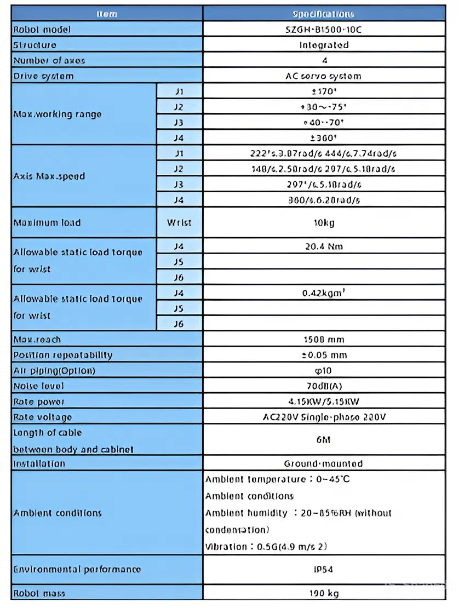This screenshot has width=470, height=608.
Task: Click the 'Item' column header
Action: [x=107, y=14]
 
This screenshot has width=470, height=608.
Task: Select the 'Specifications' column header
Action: [x=323, y=14]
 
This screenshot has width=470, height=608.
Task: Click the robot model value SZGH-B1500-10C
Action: [x=323, y=30]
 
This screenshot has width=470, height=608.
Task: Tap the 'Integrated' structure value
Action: [x=323, y=45]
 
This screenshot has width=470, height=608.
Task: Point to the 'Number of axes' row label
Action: [x=49, y=60]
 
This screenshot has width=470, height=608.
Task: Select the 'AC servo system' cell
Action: [x=323, y=76]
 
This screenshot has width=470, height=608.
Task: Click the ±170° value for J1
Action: [x=323, y=91]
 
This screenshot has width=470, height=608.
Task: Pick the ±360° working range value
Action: [x=323, y=137]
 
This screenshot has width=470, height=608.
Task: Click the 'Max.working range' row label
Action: [x=58, y=114]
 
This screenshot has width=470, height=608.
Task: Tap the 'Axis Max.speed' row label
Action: [x=49, y=176]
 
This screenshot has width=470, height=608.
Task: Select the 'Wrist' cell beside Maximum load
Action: [x=179, y=222]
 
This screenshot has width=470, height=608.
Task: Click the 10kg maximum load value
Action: [x=323, y=222]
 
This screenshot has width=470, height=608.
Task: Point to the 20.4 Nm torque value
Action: [x=323, y=246]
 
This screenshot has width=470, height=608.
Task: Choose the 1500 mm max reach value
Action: [x=323, y=340]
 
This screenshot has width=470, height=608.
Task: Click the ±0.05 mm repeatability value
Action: [x=323, y=355]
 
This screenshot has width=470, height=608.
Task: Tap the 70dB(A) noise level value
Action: [x=323, y=386]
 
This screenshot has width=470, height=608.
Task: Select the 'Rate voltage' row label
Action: [x=43, y=417]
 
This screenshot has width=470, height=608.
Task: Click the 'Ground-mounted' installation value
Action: [x=323, y=463]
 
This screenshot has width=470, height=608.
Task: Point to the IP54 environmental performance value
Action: [x=323, y=569]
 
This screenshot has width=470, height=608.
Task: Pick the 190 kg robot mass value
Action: [x=323, y=593]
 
